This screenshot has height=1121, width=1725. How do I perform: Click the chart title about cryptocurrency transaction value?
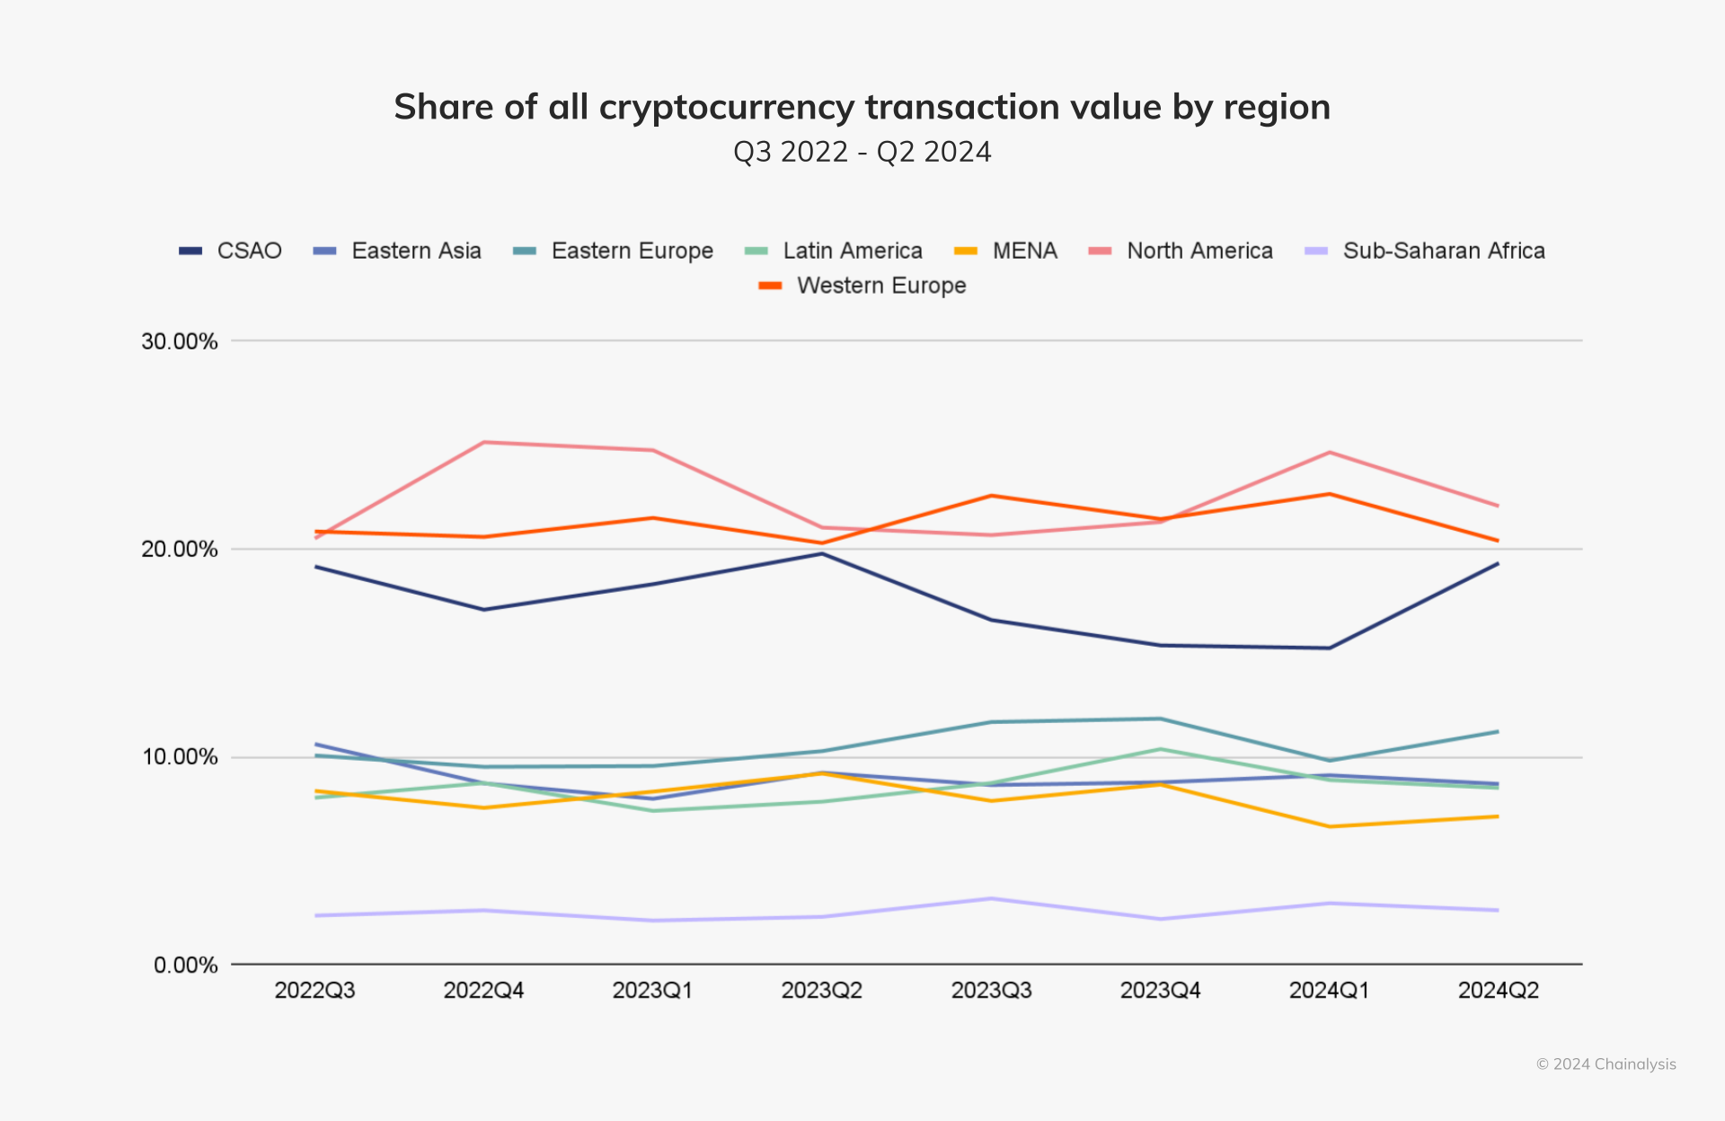pos(862,107)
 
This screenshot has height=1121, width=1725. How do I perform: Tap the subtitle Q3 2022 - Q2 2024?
pos(862,152)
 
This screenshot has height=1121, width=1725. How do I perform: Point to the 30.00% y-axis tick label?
pos(180,341)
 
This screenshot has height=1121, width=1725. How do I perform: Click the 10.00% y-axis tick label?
pos(180,757)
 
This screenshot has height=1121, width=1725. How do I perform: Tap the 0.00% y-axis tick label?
pos(186,966)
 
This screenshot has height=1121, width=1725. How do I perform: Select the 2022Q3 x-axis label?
pos(314,991)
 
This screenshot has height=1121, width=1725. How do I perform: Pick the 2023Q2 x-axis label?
pos(821,991)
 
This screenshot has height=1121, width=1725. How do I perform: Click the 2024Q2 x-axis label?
pos(1498,991)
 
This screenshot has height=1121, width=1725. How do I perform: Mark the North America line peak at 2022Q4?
pos(484,442)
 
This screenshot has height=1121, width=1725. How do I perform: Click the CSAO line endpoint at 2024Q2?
pos(1498,563)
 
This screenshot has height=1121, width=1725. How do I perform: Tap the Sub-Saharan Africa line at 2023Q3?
pos(991,898)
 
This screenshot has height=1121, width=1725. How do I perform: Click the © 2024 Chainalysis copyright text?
pos(1606,1064)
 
